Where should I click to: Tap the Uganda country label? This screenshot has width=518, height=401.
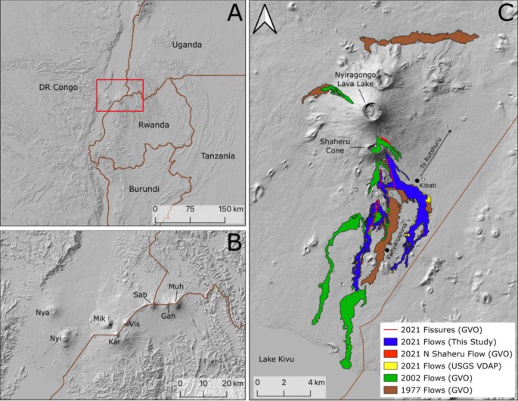pyautogui.click(x=187, y=45)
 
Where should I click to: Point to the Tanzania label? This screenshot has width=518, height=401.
pyautogui.click(x=218, y=156)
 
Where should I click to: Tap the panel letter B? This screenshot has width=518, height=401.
pyautogui.click(x=234, y=243)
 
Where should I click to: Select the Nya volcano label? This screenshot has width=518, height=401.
pyautogui.click(x=42, y=311)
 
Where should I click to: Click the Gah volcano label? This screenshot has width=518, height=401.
pyautogui.click(x=168, y=316)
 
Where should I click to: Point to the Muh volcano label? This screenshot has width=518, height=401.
pyautogui.click(x=175, y=287)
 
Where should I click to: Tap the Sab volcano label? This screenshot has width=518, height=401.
pyautogui.click(x=140, y=295)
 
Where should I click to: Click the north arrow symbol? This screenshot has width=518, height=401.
pyautogui.click(x=264, y=22)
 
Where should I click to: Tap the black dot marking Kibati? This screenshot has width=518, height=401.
pyautogui.click(x=417, y=180)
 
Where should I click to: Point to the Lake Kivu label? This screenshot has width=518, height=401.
pyautogui.click(x=277, y=359)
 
